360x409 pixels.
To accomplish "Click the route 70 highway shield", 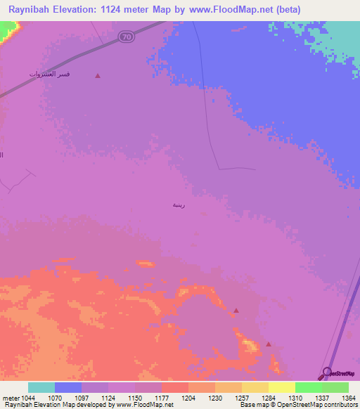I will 126,36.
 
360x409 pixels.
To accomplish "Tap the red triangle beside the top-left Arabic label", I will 98,75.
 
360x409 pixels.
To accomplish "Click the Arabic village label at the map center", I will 179,204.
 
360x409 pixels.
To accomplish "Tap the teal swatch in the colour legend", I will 41,387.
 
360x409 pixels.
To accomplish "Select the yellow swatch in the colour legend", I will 281,387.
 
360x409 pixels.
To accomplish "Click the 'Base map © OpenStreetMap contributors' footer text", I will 297,405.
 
